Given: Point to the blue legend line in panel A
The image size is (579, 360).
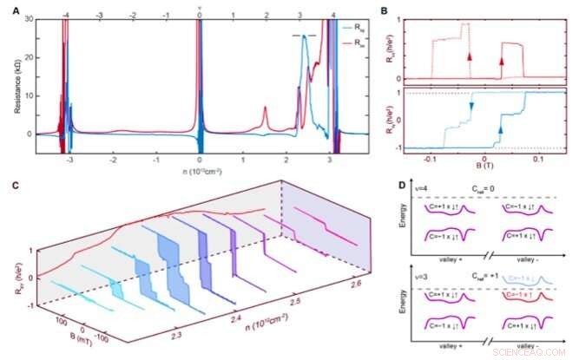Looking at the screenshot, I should click(x=344, y=28).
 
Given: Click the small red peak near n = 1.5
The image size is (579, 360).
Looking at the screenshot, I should click(x=266, y=110).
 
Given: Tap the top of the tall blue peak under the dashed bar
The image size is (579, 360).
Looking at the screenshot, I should click(x=305, y=58).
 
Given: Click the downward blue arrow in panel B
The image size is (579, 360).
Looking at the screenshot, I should click(x=471, y=106).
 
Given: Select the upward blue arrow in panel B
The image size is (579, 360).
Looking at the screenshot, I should click(x=499, y=129).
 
